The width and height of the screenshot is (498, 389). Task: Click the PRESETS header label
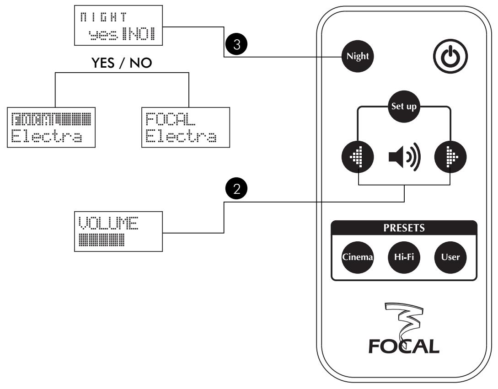[x=404, y=228]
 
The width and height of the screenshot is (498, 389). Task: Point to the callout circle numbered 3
[x=236, y=44]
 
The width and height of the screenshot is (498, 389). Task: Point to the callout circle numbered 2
[x=236, y=190]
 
